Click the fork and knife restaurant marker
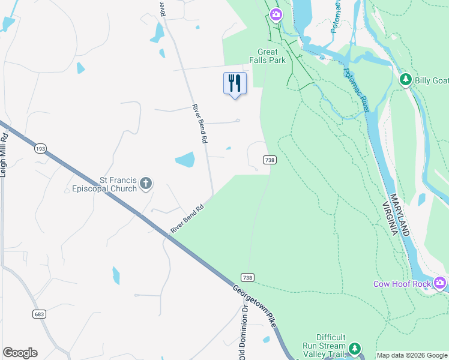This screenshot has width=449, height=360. point(235,83)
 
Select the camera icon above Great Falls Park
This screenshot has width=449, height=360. point(276,14)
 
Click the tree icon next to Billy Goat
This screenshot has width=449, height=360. point(406,80)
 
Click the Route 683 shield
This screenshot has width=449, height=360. point(40,313)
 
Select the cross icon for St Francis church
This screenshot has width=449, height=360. point(146,184)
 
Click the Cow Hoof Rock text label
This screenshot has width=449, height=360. point(402,284)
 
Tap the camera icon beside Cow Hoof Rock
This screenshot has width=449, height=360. point(440,283)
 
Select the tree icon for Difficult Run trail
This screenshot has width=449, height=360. point(355,347)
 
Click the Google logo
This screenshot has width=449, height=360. point(20,353)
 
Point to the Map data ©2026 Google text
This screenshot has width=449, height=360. point(412,355)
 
